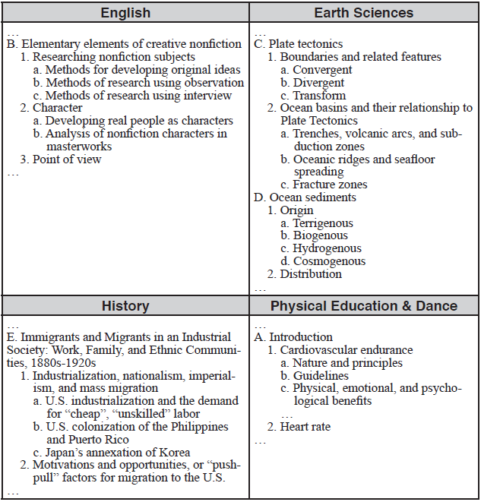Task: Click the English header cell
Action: pyautogui.click(x=125, y=13)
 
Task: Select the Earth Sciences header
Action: pyautogui.click(x=364, y=13)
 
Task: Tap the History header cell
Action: pyautogui.click(x=125, y=306)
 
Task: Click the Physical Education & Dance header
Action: pyautogui.click(x=364, y=306)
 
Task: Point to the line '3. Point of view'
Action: pyautogui.click(x=61, y=159)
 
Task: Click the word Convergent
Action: pyautogui.click(x=322, y=70)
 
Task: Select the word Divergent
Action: pyautogui.click(x=318, y=83)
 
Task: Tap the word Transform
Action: pyautogui.click(x=319, y=96)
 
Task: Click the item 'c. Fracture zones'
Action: pyautogui.click(x=324, y=185)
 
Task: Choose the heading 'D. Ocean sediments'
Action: pyautogui.click(x=305, y=197)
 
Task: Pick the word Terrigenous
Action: pyautogui.click(x=323, y=223)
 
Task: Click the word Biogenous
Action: pyautogui.click(x=320, y=236)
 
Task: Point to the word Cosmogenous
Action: pyautogui.click(x=329, y=261)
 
